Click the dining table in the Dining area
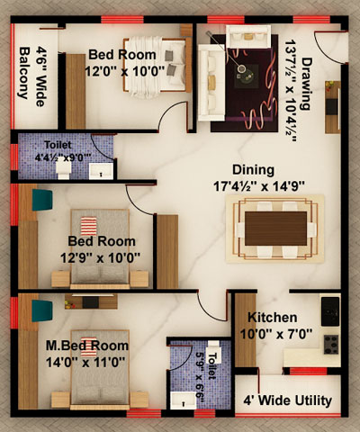point(275,229)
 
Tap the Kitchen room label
point(273,318)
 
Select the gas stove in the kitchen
point(331,345)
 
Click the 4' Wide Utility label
point(287,400)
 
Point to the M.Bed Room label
point(87,346)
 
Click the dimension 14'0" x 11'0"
point(85,363)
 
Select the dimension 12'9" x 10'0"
point(100,258)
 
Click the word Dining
point(253,170)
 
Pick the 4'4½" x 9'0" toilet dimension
point(63,157)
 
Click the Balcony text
point(24,73)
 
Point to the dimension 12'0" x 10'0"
point(125,72)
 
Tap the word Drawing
point(307,84)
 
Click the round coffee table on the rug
point(241,68)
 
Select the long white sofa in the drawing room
point(211,83)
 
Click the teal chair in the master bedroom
point(42,310)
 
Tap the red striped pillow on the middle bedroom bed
point(88,226)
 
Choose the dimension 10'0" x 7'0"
point(276,334)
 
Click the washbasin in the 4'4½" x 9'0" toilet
point(101,172)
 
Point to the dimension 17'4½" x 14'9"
point(259,186)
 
